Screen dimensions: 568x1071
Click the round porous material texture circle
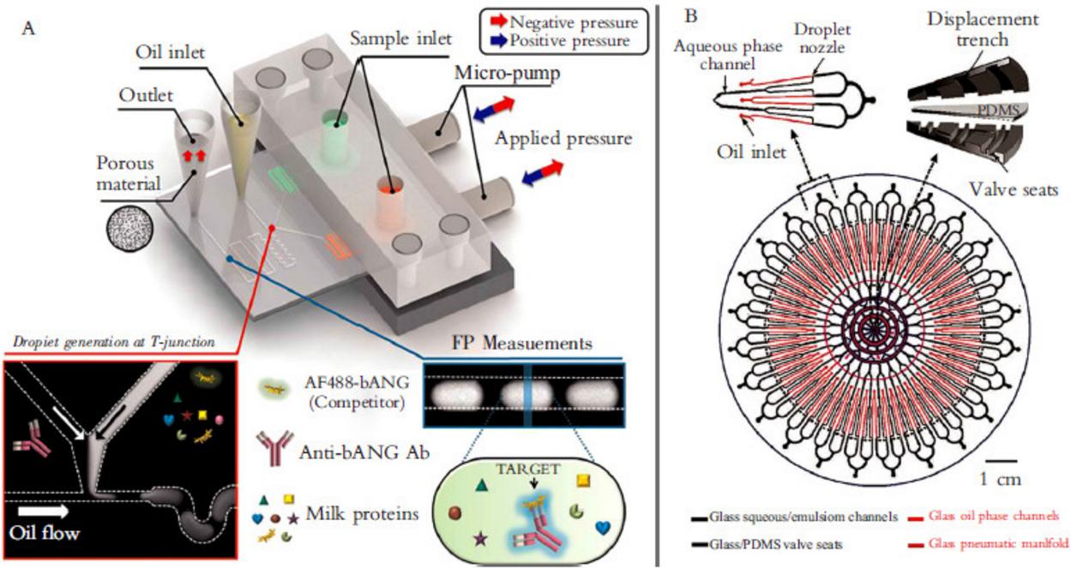pos(129,226)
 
